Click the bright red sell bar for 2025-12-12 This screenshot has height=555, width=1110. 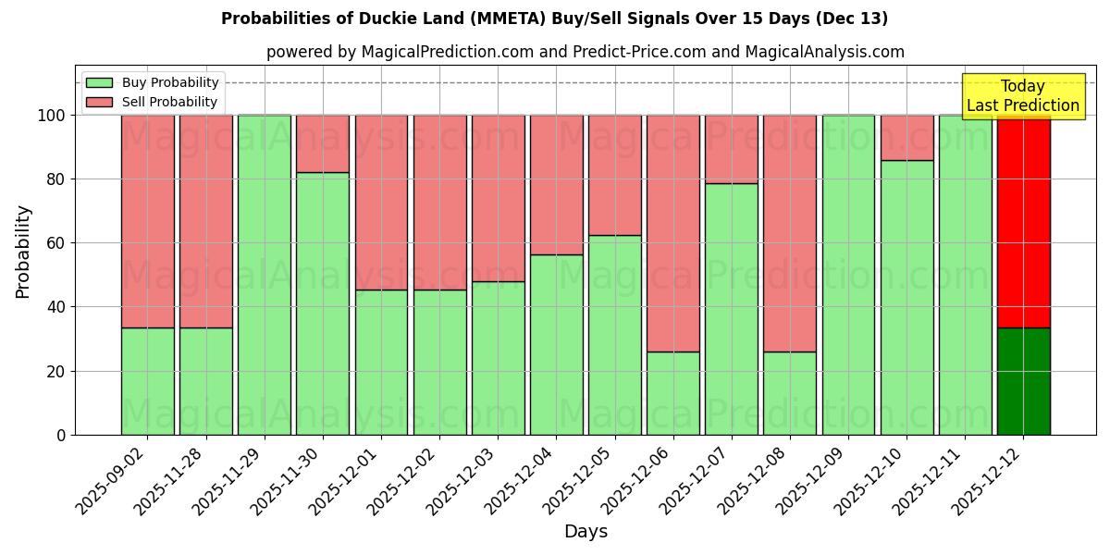click(x=1023, y=221)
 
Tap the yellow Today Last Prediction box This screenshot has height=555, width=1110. click(x=1022, y=96)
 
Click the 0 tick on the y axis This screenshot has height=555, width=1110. click(x=61, y=435)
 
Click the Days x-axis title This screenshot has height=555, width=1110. click(x=586, y=532)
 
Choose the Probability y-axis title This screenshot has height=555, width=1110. click(x=23, y=252)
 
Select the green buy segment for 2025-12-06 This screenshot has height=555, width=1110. click(x=672, y=393)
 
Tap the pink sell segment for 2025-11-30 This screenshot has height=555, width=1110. click(x=323, y=143)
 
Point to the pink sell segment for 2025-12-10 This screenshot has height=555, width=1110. click(x=906, y=138)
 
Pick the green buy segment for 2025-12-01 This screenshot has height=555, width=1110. click(x=381, y=362)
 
